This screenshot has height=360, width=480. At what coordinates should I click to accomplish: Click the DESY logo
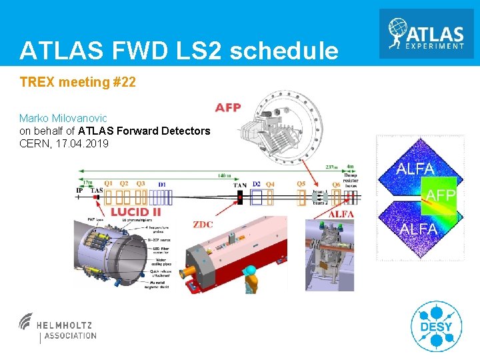click(x=436, y=326)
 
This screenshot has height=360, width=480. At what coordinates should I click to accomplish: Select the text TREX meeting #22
click(x=78, y=82)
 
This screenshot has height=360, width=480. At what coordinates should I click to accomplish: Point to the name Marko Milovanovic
click(x=63, y=118)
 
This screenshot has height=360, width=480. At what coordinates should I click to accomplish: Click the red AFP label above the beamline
click(x=228, y=108)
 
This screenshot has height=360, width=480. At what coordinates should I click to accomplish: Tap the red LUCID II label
click(x=136, y=212)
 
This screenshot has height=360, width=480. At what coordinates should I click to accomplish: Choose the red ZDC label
click(x=203, y=224)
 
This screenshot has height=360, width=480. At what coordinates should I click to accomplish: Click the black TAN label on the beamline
click(x=239, y=185)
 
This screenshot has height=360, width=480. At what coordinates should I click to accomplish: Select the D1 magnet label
click(x=161, y=183)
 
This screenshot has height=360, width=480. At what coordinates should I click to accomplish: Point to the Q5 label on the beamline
click(x=301, y=184)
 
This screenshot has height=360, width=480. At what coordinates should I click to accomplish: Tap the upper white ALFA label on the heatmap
click(x=415, y=169)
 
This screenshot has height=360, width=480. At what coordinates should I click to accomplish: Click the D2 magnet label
click(x=257, y=184)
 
